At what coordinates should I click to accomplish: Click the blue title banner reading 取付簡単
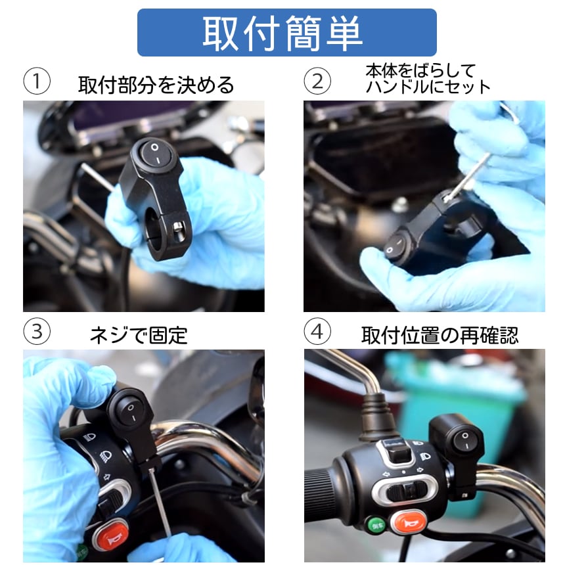point(287,32)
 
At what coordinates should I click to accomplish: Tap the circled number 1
point(37,81)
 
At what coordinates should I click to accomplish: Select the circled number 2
point(317,81)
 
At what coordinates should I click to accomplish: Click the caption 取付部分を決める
point(156,85)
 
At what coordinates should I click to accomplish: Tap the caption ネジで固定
point(139,336)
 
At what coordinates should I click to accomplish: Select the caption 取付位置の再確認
point(440,336)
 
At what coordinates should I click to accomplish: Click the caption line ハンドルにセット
point(428,87)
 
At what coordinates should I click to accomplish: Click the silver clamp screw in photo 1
point(177,227)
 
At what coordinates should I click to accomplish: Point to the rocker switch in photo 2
point(396,246)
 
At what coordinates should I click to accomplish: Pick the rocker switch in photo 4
point(466,441)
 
